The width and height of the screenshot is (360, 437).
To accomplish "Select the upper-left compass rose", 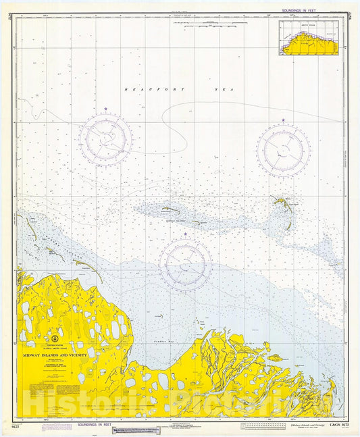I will point(105,140).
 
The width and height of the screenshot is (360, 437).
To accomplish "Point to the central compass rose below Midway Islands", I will point(185,264).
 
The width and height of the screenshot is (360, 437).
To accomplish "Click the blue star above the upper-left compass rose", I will point(105,109).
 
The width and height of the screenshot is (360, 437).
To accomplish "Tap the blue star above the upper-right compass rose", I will point(283,120).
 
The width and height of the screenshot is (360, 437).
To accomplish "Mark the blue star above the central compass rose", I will point(185,234).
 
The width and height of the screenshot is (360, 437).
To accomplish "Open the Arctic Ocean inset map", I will point(309,38).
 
